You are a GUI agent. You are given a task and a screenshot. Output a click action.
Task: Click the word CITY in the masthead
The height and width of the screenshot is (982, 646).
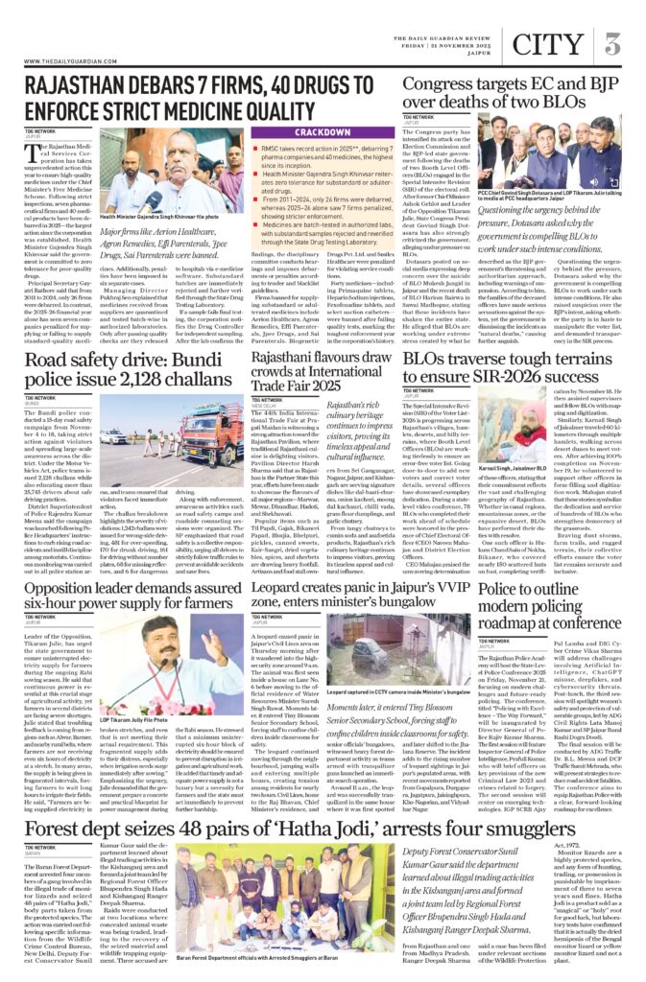548,43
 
